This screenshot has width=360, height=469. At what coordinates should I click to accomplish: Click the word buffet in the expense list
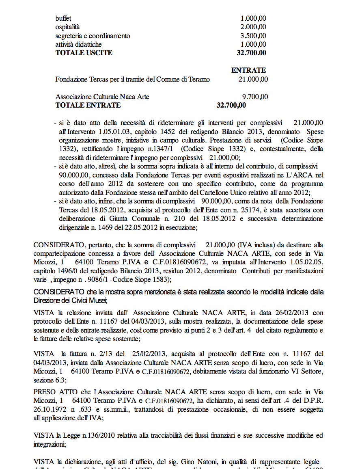[63, 18]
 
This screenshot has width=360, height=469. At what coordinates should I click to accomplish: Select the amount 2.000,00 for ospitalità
[253, 27]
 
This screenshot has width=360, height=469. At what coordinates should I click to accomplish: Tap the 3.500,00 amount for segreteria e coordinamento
[253, 36]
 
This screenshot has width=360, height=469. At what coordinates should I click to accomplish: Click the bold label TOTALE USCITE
[84, 53]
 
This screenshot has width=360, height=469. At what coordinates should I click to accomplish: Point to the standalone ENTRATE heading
[248, 70]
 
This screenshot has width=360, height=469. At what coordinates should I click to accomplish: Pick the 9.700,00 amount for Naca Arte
[255, 97]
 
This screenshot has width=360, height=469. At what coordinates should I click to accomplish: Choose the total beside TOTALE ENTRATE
[231, 105]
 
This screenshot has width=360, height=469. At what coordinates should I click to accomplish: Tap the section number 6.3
[60, 380]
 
